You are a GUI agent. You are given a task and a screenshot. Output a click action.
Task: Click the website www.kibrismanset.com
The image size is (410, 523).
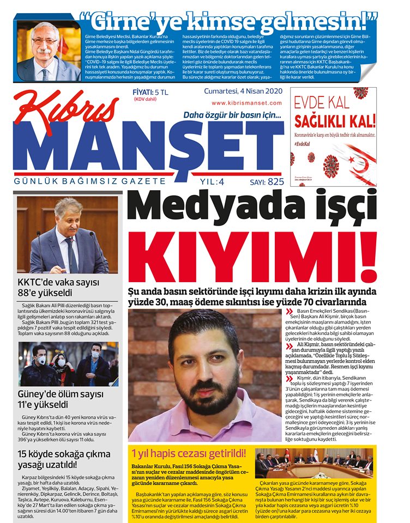(x=246, y=103)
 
